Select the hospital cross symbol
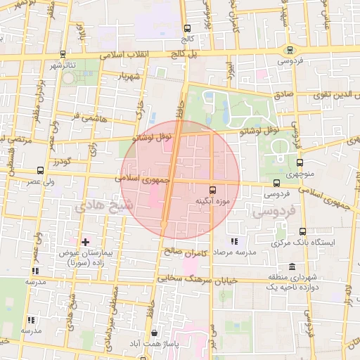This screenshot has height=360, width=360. click(x=86, y=242)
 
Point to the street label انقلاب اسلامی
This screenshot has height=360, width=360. click(x=131, y=55)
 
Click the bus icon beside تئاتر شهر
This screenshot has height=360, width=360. click(x=63, y=53)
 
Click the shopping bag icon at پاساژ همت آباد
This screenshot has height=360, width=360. click(x=154, y=333)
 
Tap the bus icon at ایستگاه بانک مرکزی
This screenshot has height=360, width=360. click(x=303, y=231)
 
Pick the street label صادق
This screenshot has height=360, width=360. click(x=281, y=93)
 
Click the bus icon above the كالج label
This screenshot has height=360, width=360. click(x=186, y=29)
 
